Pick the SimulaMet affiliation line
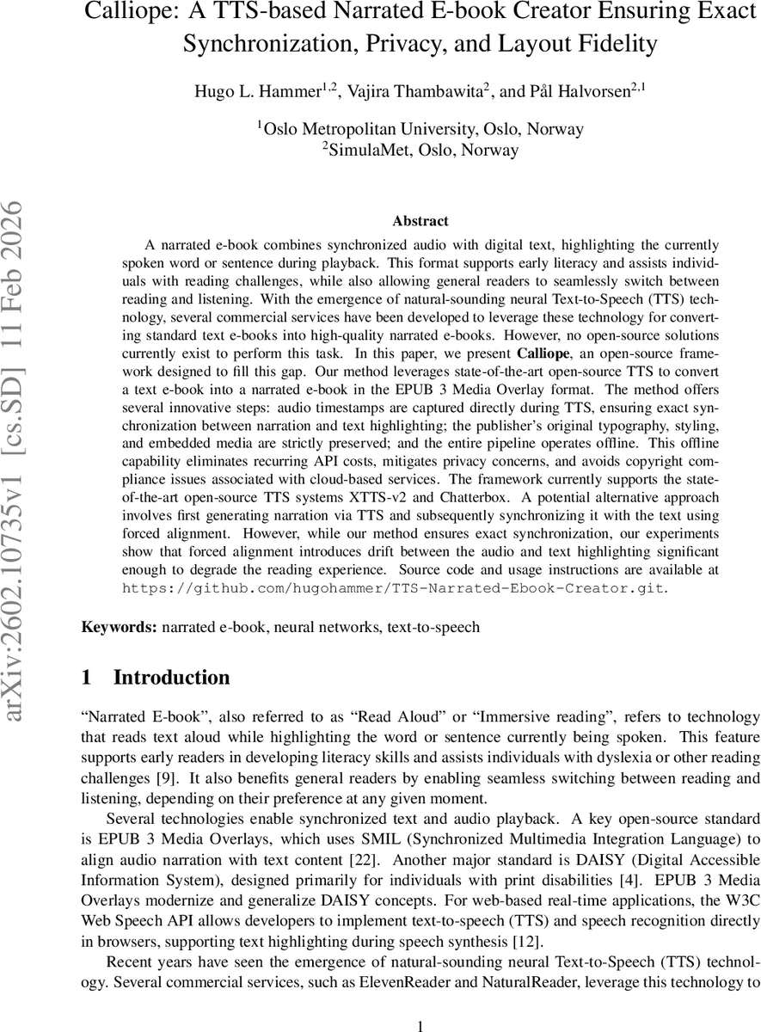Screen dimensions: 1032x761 [x=420, y=150]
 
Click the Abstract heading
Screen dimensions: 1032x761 [x=420, y=221]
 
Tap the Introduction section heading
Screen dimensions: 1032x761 [x=171, y=678]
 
